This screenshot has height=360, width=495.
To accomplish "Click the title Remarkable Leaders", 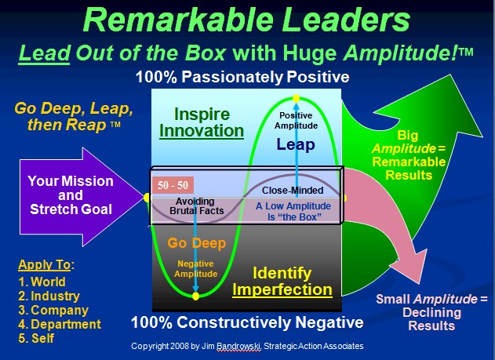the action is click(x=246, y=20).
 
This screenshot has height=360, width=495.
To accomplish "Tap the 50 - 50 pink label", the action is click(x=173, y=185).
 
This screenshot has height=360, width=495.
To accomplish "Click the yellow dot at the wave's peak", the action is click(x=296, y=99).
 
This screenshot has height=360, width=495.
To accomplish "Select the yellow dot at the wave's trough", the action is click(x=196, y=296).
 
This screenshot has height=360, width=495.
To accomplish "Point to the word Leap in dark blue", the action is click(x=296, y=144).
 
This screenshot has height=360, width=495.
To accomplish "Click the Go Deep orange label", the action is click(x=197, y=243).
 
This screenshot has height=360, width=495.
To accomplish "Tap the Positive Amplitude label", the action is click(x=296, y=121).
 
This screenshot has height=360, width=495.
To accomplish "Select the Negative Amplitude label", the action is click(x=196, y=268).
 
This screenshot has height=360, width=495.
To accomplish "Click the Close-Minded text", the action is click(x=293, y=191).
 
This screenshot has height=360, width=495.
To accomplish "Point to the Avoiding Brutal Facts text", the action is click(x=196, y=206).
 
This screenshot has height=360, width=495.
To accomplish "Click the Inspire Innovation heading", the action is click(x=202, y=122).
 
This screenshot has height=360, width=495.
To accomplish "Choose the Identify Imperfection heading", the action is click(x=282, y=281).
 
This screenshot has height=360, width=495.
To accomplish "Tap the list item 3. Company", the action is click(x=53, y=310).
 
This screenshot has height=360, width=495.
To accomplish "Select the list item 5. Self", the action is click(x=36, y=338).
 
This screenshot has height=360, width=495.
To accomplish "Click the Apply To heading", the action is click(x=46, y=264).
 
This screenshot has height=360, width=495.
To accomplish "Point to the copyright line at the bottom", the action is click(x=247, y=346).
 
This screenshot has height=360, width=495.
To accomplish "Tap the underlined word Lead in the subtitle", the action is click(x=44, y=53).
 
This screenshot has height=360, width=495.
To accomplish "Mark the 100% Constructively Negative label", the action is click(x=247, y=322).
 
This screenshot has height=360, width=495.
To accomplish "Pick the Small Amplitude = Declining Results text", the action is click(x=431, y=312).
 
